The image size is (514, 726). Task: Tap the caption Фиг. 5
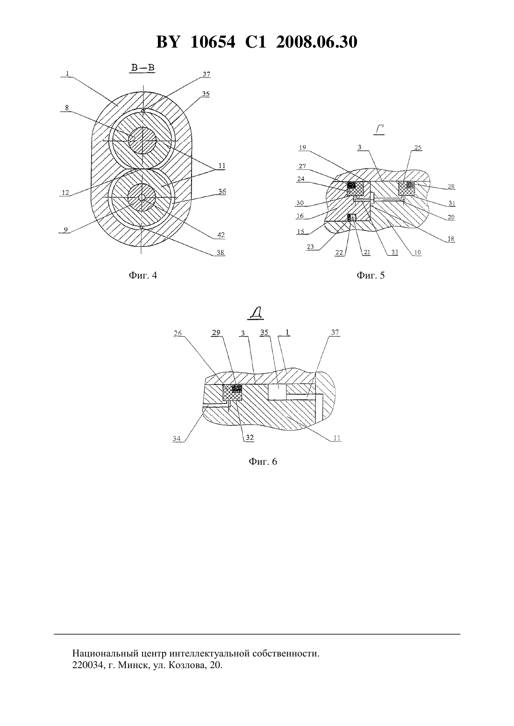click(371, 275)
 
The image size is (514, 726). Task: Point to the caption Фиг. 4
click(143, 275)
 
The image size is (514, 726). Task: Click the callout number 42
click(221, 235)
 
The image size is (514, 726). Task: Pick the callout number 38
click(221, 253)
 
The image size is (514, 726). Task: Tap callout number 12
click(65, 193)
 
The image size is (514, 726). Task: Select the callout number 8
click(67, 108)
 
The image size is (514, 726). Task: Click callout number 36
click(222, 192)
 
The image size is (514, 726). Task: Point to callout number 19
click(302, 147)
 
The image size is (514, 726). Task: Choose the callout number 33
click(394, 252)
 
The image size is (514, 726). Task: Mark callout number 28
click(451, 186)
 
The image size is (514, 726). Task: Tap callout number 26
click(178, 333)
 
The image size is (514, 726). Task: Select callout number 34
click(177, 439)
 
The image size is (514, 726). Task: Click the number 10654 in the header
click(213, 42)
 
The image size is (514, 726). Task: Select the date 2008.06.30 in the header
click(317, 42)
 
